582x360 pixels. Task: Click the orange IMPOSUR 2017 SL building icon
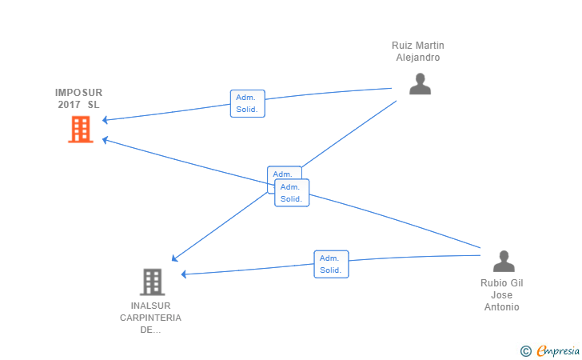[80, 129]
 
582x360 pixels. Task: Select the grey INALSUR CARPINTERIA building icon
[152, 282]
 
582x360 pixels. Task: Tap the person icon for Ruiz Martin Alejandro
[420, 84]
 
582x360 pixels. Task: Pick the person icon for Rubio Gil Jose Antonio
[504, 261]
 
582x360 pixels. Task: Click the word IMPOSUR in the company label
[78, 93]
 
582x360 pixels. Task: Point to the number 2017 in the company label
[70, 105]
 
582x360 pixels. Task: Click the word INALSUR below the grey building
[151, 306]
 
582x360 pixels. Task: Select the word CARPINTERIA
[151, 318]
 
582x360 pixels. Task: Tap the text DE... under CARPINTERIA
[151, 330]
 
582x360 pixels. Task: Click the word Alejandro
[418, 58]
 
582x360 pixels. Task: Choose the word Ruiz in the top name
[402, 46]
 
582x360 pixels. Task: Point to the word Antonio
[502, 307]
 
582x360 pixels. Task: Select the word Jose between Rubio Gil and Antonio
[502, 295]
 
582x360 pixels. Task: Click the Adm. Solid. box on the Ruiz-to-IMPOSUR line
[247, 103]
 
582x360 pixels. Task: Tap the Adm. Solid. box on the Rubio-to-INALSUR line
[331, 264]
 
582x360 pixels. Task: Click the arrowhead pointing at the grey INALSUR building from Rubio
[185, 274]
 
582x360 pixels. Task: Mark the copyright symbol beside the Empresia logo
[525, 350]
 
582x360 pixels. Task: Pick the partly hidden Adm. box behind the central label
[279, 173]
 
